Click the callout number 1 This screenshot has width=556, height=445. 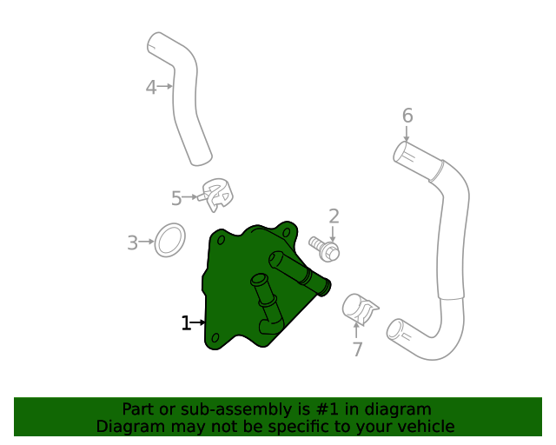click(x=185, y=323)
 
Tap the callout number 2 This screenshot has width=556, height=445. click(x=333, y=216)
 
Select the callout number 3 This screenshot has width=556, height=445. click(x=133, y=243)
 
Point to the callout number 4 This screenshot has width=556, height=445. click(x=150, y=87)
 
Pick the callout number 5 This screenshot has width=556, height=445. click(x=176, y=198)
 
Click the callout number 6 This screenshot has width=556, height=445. click(x=407, y=116)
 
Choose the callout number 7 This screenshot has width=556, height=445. click(x=357, y=349)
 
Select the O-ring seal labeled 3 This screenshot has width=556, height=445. click(x=170, y=240)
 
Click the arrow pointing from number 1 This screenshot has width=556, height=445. click(x=199, y=323)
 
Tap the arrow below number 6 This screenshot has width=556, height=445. click(x=407, y=134)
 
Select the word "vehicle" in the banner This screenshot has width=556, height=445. click(x=425, y=427)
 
